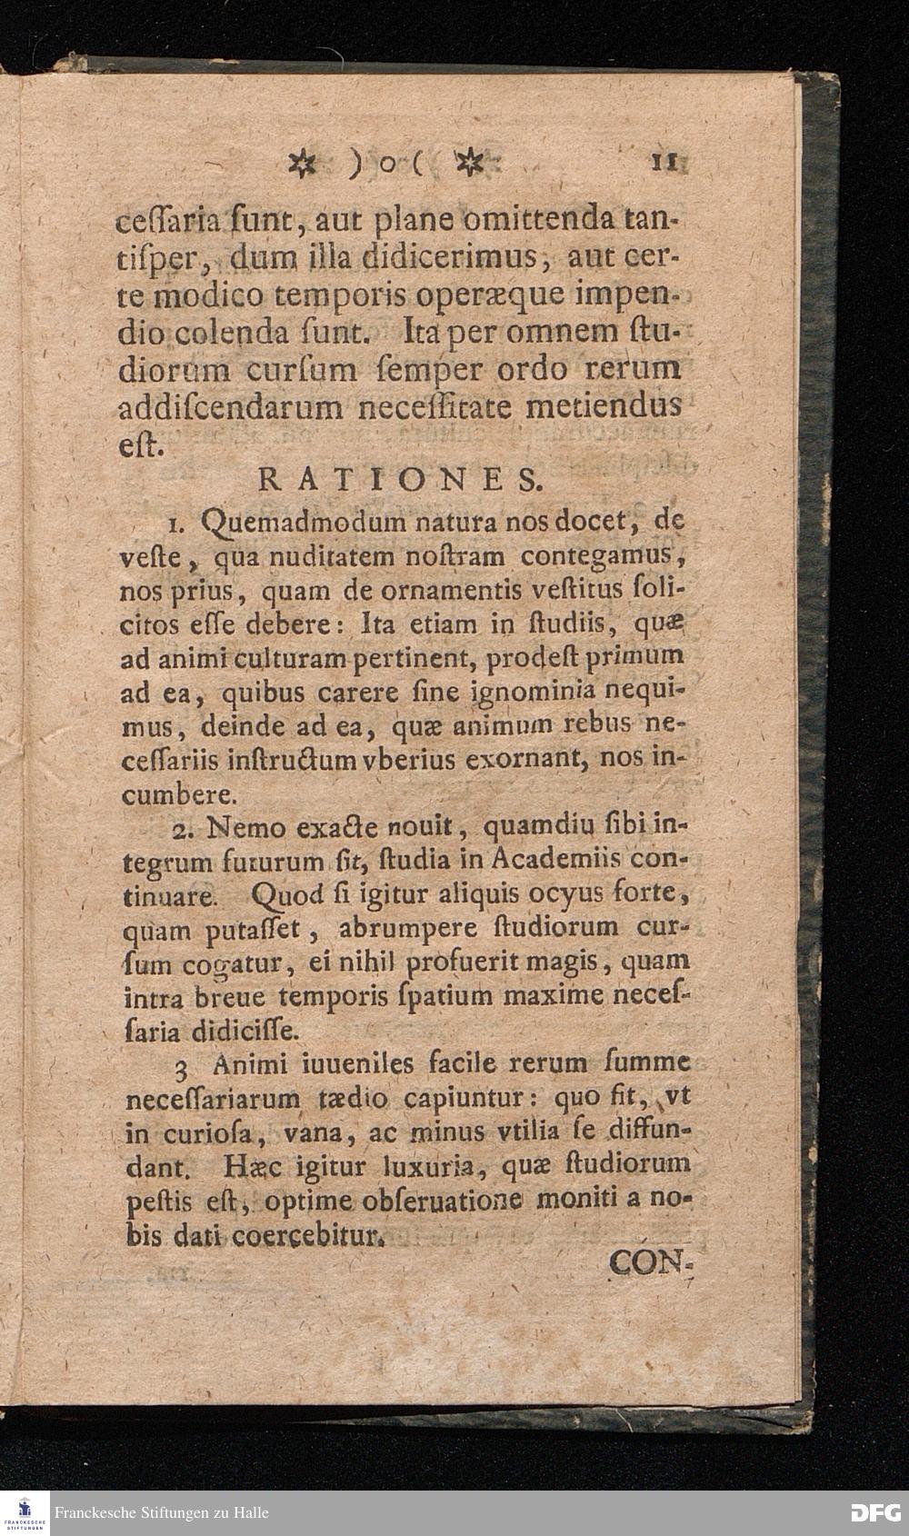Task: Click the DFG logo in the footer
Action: tap(874, 1513)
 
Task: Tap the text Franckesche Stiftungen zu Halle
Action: tap(162, 1513)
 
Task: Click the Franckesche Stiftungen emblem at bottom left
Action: tap(25, 1513)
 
